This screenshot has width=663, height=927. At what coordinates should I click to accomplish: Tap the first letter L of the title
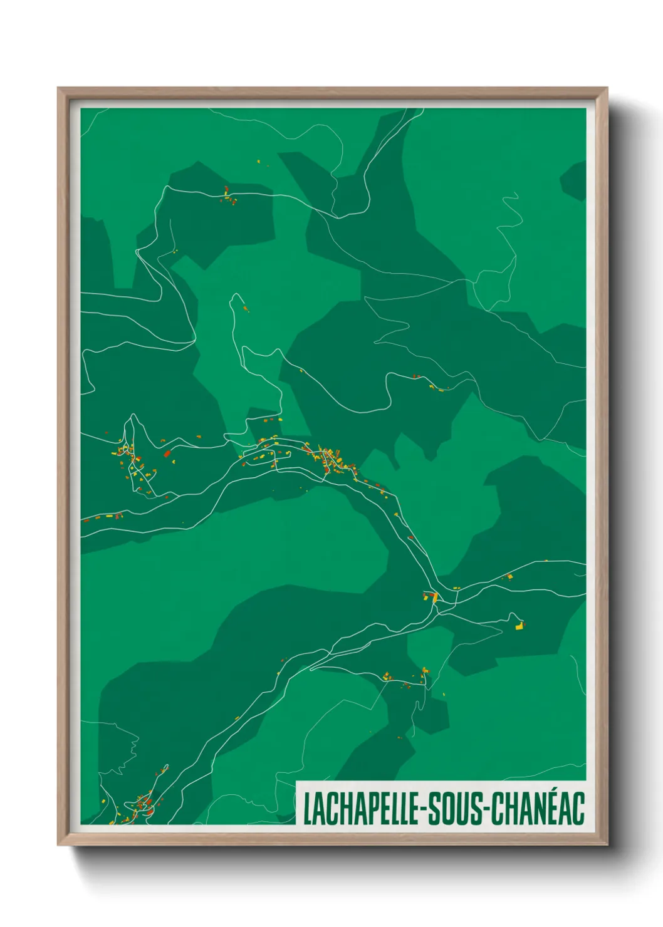[x=307, y=808]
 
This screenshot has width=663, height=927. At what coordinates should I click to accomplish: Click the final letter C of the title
[x=578, y=808]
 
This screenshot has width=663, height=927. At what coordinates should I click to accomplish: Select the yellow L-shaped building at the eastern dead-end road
[x=519, y=624]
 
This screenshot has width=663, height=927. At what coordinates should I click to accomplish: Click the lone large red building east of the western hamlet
[x=167, y=453]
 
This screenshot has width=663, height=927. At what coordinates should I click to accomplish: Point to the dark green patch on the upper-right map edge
[x=573, y=180]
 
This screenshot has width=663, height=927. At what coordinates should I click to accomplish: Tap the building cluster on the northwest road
[x=229, y=197]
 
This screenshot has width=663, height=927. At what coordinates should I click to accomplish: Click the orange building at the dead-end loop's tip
[x=244, y=308]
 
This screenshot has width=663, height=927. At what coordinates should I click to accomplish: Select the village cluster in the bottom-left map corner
[x=143, y=805]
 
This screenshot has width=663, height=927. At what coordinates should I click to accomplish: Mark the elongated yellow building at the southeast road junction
[x=434, y=597]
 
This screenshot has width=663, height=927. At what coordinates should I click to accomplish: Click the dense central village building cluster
[x=331, y=460]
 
